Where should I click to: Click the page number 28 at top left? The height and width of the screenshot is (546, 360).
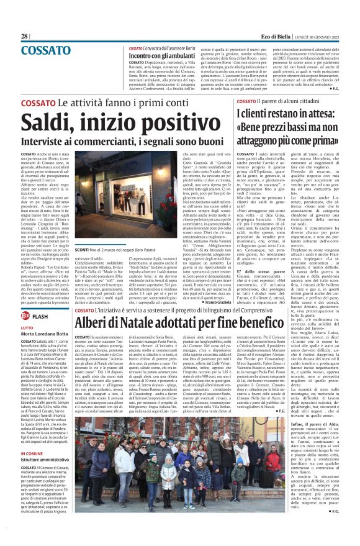[24, 37]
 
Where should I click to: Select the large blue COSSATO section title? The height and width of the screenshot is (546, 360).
[46, 49]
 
